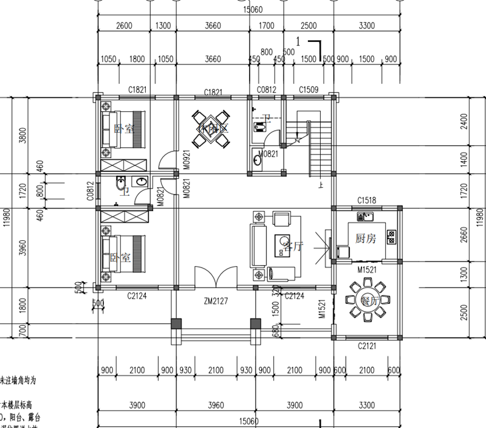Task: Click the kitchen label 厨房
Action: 366,239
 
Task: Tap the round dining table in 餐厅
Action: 365,299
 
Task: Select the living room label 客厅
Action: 293,246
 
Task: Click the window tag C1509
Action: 309,90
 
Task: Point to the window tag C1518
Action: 367,199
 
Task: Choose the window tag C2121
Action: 367,345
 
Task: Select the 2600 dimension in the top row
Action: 123,26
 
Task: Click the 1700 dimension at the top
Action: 266,26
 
